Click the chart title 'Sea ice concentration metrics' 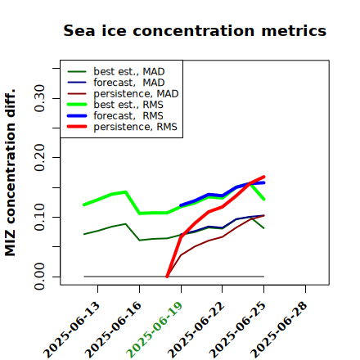[195, 30]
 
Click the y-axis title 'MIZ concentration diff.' [10, 173]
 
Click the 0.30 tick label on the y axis [39, 98]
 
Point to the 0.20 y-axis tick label [39, 157]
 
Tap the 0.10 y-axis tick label [39, 217]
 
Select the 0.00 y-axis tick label [39, 277]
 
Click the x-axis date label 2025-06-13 [71, 330]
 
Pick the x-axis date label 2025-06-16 [113, 330]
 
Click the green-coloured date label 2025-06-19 [155, 330]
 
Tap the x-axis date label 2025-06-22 [196, 330]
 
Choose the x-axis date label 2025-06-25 [238, 330]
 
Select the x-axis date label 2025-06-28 [280, 330]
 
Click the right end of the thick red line [264, 177]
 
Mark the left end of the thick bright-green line [84, 205]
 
